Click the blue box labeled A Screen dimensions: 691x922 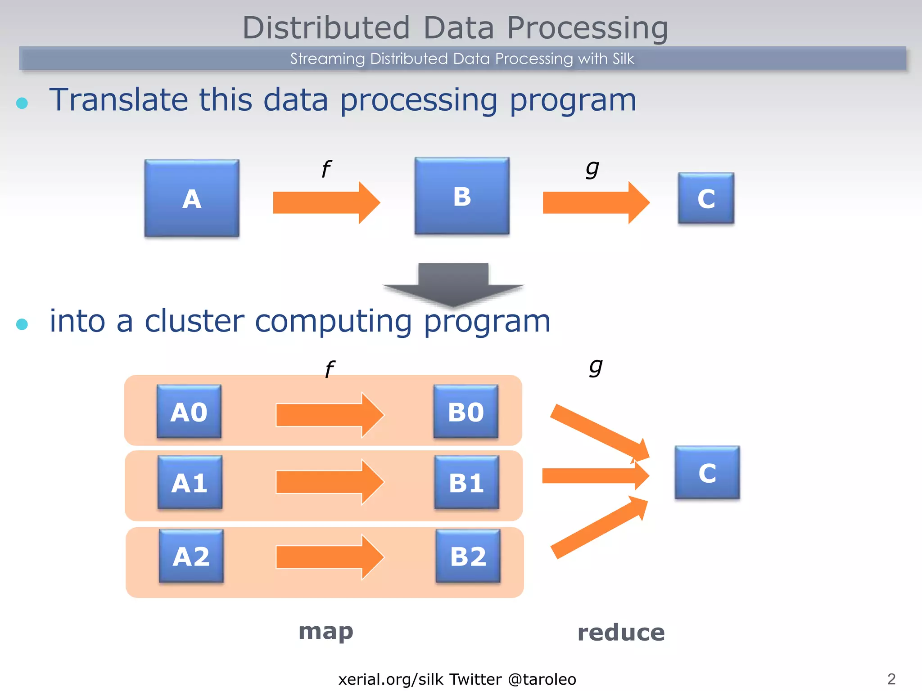(192, 198)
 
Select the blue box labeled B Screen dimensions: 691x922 (462, 196)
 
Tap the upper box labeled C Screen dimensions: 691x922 (706, 198)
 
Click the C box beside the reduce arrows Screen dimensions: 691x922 (707, 472)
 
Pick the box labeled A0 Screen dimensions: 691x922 (189, 411)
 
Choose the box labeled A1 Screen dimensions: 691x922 (190, 482)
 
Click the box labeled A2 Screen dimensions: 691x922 (191, 556)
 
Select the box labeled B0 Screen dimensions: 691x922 (466, 411)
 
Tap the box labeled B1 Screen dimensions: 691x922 (466, 482)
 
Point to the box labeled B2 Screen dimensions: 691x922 (468, 556)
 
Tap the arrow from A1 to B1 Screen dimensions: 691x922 (329, 482)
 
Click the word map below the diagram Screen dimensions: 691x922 (326, 632)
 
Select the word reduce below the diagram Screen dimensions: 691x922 (620, 633)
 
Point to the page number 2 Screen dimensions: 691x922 (891, 678)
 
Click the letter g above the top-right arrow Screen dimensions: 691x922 (592, 169)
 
